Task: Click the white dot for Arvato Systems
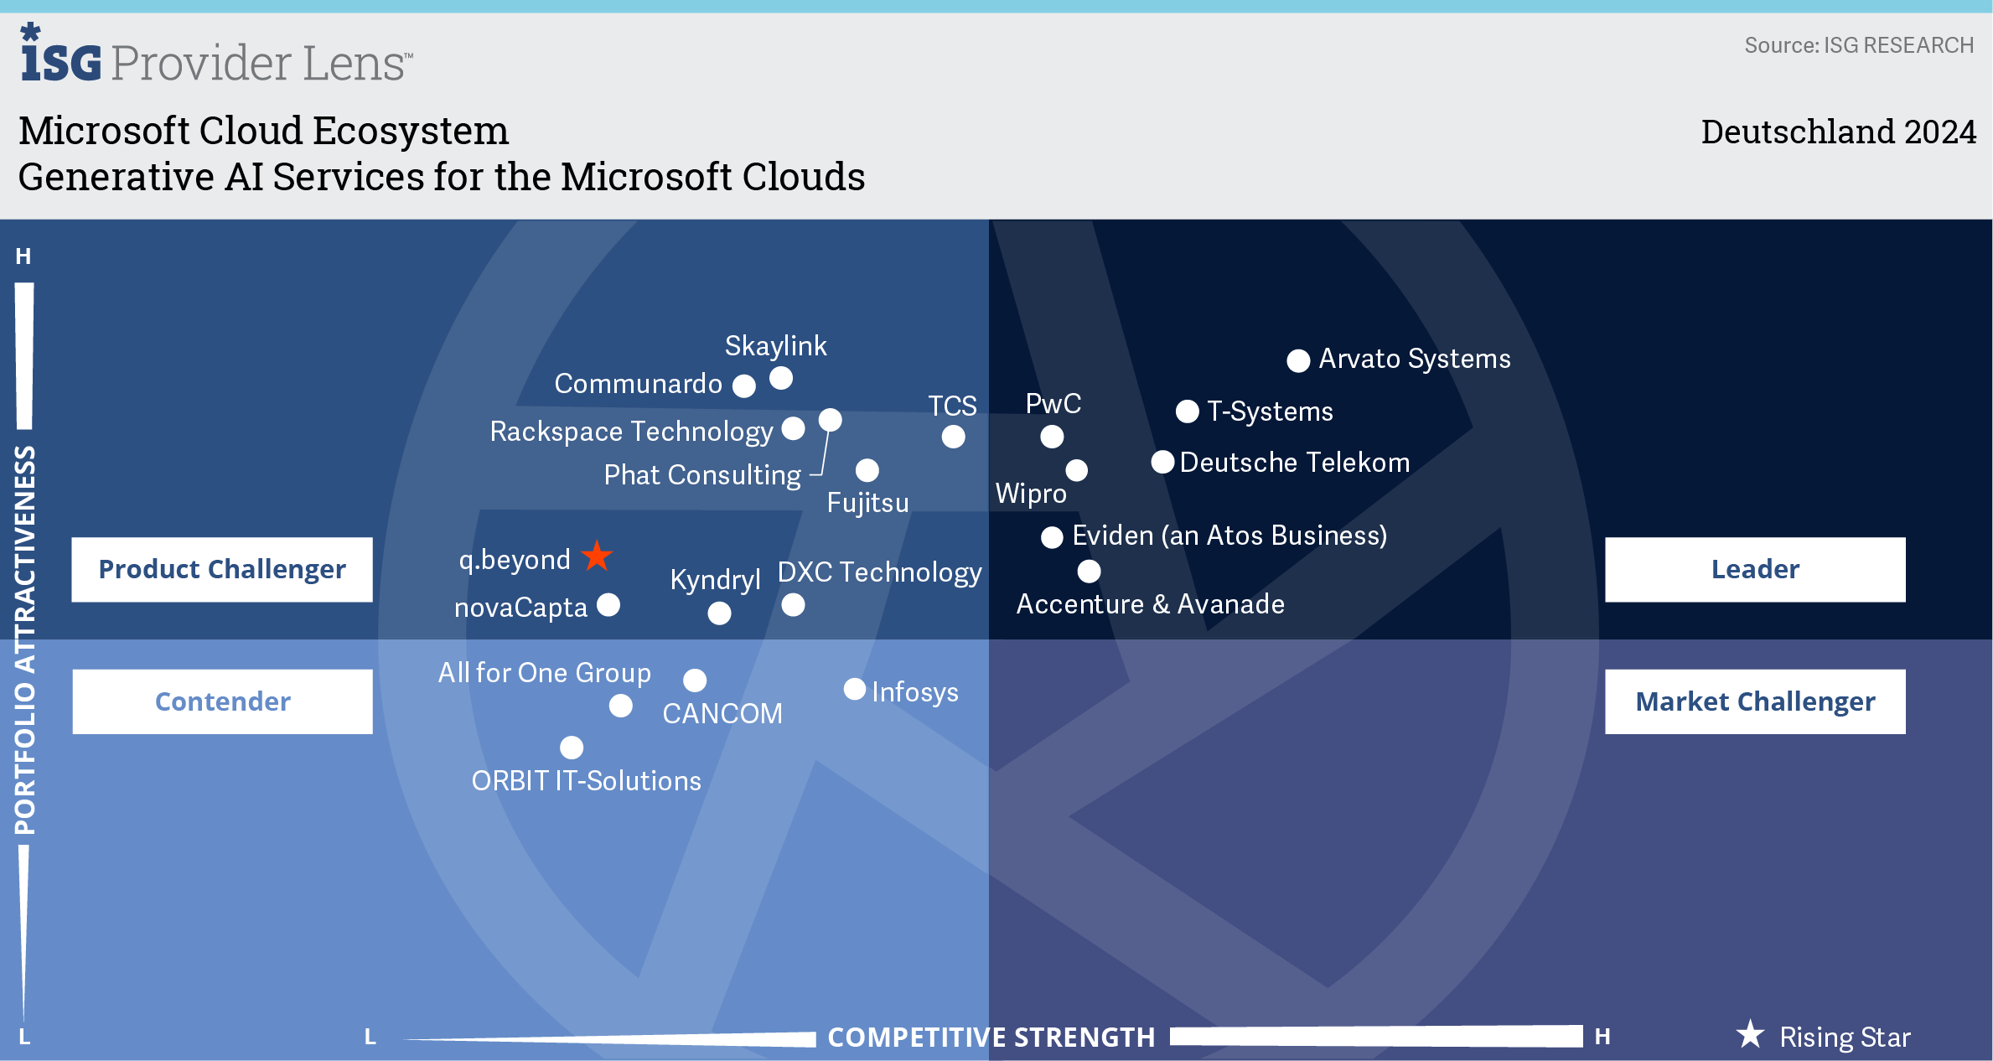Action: [x=1298, y=360]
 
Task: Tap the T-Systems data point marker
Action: [x=1187, y=411]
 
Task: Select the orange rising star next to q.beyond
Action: [x=597, y=556]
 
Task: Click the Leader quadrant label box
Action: [x=1754, y=569]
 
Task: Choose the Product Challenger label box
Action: [x=222, y=569]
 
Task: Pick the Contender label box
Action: [x=222, y=701]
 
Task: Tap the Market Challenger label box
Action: [x=1754, y=701]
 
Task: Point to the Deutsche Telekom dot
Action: [x=1162, y=462]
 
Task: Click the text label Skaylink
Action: [x=775, y=345]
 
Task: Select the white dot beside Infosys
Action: [x=854, y=689]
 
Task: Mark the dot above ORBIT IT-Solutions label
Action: [x=572, y=747]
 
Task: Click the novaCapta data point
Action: [x=608, y=604]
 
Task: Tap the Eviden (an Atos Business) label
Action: [x=1229, y=536]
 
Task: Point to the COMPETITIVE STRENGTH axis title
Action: [x=991, y=1038]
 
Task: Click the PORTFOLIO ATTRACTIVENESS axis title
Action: [x=25, y=640]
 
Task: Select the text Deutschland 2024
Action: [x=1838, y=132]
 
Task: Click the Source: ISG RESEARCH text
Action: [x=1858, y=45]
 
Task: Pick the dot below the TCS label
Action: [x=953, y=437]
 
